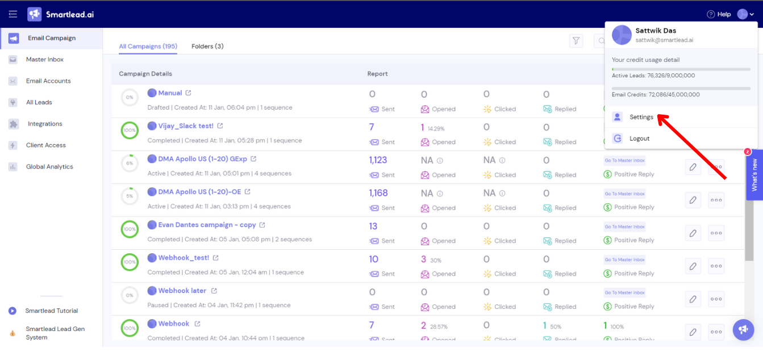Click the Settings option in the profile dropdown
[641, 117]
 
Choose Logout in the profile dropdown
[639, 139]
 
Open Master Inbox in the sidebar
[44, 60]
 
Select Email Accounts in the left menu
[48, 81]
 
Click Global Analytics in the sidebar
[49, 167]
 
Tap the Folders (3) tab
[207, 46]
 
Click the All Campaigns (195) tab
[148, 46]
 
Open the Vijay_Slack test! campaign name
[186, 126]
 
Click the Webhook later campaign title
[182, 291]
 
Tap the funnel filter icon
[576, 41]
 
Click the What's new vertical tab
[754, 175]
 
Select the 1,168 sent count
[378, 193]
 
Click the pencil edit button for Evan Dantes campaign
[693, 233]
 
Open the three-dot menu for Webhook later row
[716, 299]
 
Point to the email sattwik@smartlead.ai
[664, 40]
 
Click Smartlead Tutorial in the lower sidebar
[51, 311]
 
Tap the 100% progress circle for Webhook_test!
[130, 262]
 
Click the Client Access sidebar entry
[45, 145]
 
